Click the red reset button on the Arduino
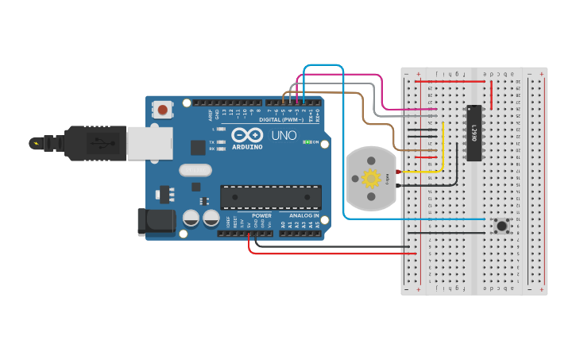point(163,110)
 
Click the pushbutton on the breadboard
point(501,226)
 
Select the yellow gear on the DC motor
point(371,179)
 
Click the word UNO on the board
point(284,136)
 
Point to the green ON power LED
point(306,142)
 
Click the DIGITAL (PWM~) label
point(279,120)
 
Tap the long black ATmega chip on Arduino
point(271,197)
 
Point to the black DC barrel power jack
point(156,222)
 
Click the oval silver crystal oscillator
point(194,169)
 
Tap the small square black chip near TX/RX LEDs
point(197,147)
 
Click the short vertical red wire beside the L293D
point(490,95)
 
